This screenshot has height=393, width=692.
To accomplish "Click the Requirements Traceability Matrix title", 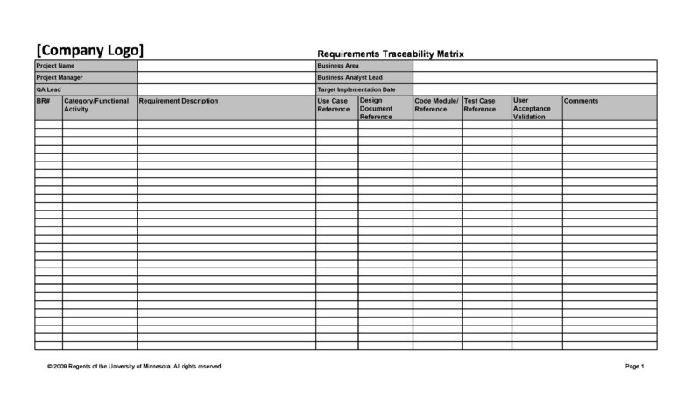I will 390,54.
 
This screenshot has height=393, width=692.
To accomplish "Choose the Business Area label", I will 338,66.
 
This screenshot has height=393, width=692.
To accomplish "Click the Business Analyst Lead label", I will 350,77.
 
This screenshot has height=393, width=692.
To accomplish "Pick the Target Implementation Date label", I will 357,89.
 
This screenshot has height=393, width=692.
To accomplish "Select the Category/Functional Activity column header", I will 96,105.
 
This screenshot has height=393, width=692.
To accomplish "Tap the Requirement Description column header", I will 179,101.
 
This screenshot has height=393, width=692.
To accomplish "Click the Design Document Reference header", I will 377,108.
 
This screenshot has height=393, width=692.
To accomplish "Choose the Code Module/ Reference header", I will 436,105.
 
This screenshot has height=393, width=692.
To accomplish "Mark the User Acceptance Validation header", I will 533,108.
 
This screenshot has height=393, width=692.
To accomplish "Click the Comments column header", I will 582,101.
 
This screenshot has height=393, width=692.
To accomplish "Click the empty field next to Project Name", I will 226,66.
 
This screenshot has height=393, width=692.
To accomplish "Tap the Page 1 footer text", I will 635,366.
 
